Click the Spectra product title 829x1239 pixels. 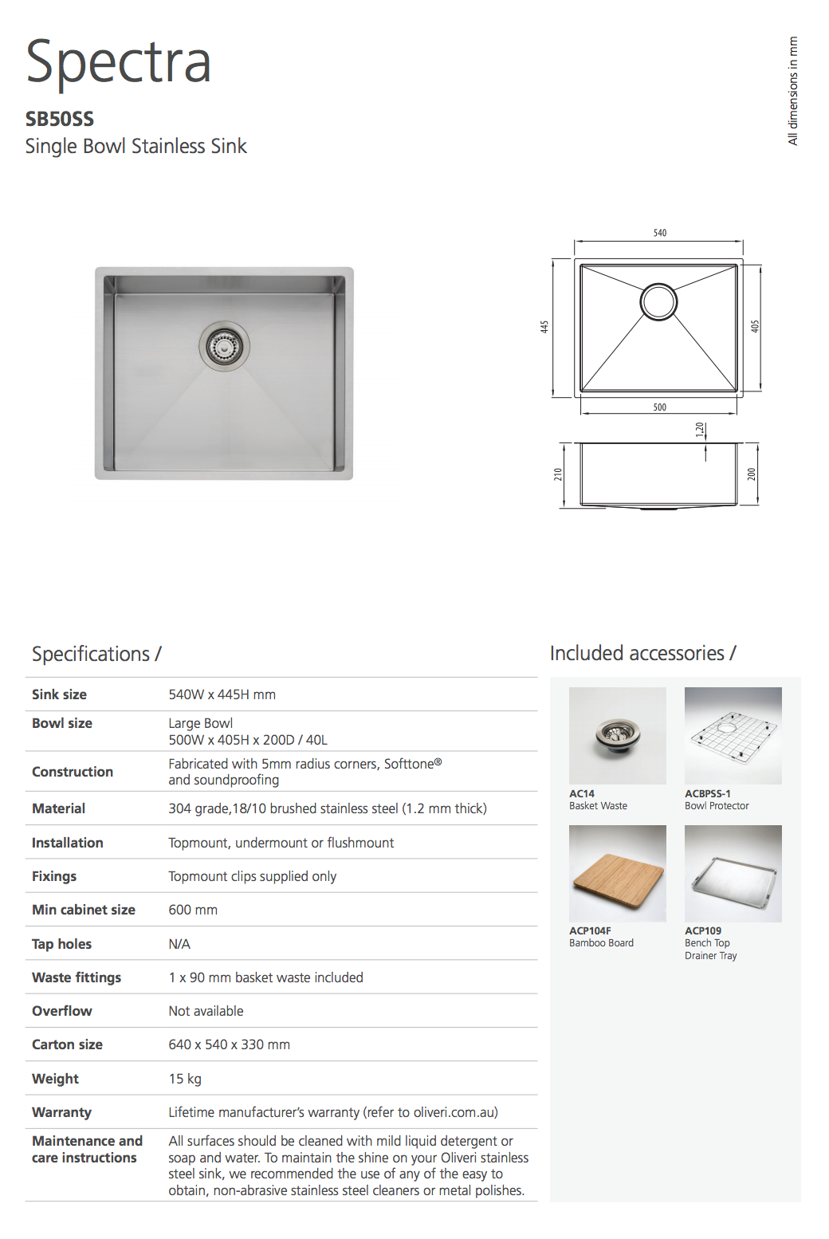pos(118,62)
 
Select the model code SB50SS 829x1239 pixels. pos(60,119)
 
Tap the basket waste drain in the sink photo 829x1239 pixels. pos(224,346)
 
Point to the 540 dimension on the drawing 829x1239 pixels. pos(660,233)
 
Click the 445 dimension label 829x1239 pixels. pos(544,327)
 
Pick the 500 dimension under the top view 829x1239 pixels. pos(660,407)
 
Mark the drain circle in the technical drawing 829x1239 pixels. pos(658,302)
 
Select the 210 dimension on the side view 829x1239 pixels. pos(558,474)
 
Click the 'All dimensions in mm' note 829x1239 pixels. pos(792,91)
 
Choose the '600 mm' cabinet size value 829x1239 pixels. pos(193,910)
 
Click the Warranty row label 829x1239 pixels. pos(61,1112)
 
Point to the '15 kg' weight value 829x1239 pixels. pos(185,1079)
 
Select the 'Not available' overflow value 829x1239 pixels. pos(206,1011)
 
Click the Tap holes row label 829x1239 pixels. pos(61,944)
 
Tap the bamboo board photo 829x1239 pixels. pos(618,874)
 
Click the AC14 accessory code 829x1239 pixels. pos(582,793)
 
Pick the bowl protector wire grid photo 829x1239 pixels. pos(733,736)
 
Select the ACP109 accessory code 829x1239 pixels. pos(703,930)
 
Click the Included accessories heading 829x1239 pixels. pos(642,653)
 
